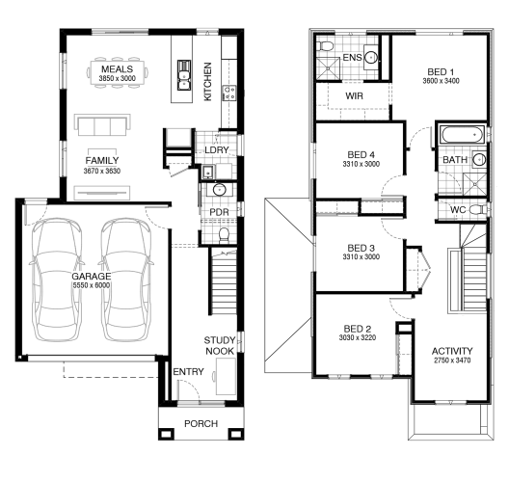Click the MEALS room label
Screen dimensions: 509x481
pos(118,69)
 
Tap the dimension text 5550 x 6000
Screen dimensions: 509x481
pos(92,285)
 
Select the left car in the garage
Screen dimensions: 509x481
pos(57,280)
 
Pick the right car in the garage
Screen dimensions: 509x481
pos(126,280)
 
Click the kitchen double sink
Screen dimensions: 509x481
pos(183,75)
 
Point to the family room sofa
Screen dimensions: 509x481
pos(102,125)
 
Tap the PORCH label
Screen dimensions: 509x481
pos(201,423)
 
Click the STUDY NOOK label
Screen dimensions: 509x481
pos(220,346)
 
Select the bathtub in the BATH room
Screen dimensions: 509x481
pos(462,134)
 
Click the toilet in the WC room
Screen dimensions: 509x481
pos(478,209)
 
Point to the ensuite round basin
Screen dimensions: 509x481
pos(371,58)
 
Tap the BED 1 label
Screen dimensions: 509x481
pos(441,71)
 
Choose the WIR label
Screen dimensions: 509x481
pos(354,96)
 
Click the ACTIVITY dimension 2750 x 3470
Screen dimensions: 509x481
pos(452,360)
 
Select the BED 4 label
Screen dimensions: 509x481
pos(361,155)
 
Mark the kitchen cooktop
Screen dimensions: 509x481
pos(229,93)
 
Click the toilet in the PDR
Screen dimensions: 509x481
pos(224,235)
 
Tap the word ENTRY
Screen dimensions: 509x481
pos(188,372)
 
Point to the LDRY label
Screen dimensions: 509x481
pos(217,150)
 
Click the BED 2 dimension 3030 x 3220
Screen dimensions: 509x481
pos(358,337)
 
